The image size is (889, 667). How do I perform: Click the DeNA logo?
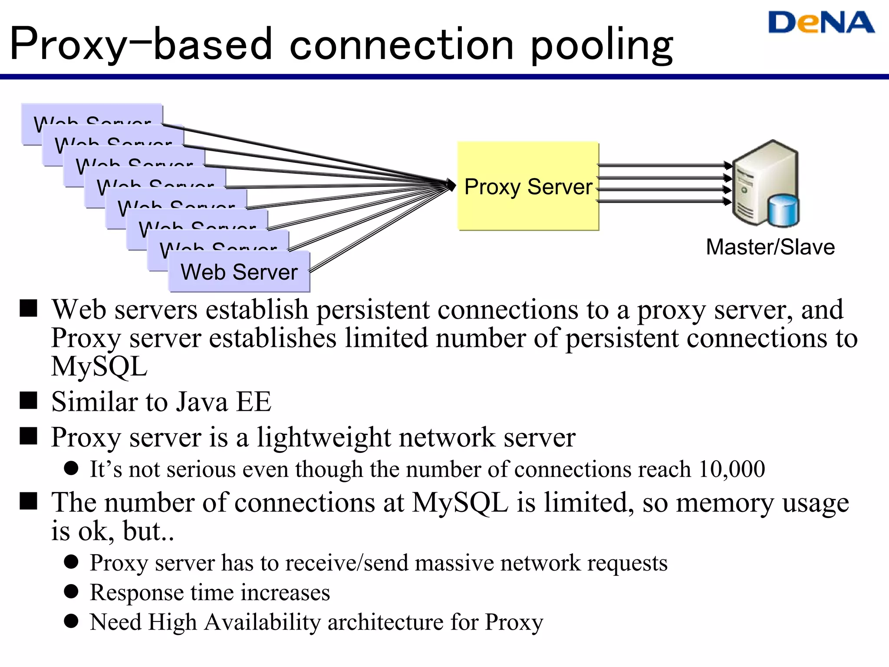tap(821, 23)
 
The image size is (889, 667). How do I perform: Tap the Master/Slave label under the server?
tap(770, 247)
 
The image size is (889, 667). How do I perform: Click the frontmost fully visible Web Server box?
tap(239, 272)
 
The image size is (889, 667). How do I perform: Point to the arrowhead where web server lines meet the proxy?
tap(452, 185)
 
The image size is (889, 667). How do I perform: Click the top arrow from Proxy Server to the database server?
tap(664, 165)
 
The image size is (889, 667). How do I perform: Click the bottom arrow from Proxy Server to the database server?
tap(664, 201)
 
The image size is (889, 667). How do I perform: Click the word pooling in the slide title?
tap(602, 45)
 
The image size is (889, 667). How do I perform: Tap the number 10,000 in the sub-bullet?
tap(731, 469)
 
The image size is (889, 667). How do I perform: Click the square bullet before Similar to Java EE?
tap(29, 400)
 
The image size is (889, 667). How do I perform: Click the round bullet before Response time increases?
tap(71, 591)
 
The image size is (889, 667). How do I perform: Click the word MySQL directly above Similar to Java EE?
tap(99, 367)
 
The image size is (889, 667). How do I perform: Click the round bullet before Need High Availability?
tap(71, 621)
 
